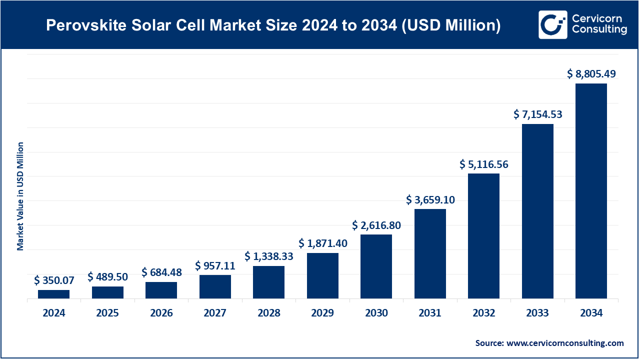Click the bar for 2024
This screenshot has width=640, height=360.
click(x=53, y=294)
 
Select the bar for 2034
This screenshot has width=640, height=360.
click(x=591, y=191)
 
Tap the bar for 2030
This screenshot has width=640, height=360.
click(x=376, y=266)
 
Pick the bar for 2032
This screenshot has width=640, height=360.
click(x=483, y=236)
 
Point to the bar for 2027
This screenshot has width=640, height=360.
click(x=215, y=286)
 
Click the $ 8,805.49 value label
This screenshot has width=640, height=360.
click(x=591, y=74)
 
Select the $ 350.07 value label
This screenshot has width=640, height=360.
click(x=53, y=280)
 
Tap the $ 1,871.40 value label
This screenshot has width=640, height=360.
click(x=322, y=243)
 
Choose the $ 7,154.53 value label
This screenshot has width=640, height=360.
click(x=537, y=114)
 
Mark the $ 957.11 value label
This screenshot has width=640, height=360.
click(x=215, y=265)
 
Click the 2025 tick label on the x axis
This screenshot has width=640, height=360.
click(x=107, y=313)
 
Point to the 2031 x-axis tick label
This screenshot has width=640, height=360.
click(x=430, y=313)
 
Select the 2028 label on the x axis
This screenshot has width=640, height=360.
click(x=268, y=313)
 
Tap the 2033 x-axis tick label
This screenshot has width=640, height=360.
click(x=537, y=313)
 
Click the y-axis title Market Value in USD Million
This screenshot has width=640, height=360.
click(x=20, y=196)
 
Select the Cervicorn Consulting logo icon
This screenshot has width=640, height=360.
click(x=552, y=24)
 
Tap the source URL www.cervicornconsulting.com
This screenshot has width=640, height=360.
click(x=565, y=343)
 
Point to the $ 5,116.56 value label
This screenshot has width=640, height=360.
click(x=483, y=164)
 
